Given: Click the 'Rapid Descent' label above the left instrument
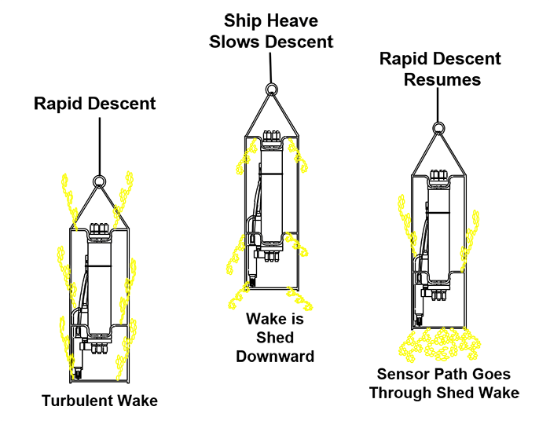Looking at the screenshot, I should pos(95,103).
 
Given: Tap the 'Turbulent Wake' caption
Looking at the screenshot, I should pos(100,401).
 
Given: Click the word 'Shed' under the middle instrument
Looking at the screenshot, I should pos(275,338).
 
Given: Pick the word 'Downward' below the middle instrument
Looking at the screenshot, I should pos(275,356).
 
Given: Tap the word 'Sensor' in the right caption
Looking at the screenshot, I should pos(402,374).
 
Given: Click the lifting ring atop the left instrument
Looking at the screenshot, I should pos(100,181).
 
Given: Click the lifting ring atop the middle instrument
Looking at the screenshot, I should pos(271,90).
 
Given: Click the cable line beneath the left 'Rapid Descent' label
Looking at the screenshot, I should pos(100,145).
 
